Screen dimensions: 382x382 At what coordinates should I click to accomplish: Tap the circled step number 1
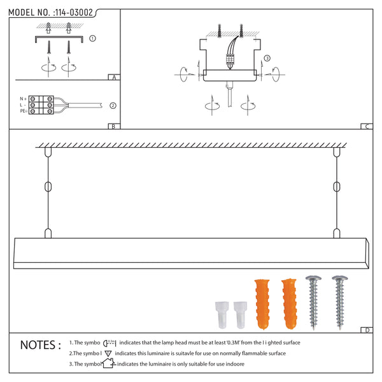pos(93,39)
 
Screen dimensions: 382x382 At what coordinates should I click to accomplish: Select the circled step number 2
pos(112,106)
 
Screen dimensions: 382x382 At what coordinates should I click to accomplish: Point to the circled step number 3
pos(267,58)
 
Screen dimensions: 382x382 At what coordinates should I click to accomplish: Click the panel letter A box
pos(113,78)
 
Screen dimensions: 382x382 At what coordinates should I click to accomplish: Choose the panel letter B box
pos(113,126)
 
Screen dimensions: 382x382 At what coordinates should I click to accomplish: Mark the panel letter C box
pos(367,126)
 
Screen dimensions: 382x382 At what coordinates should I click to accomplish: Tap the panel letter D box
pos(367,330)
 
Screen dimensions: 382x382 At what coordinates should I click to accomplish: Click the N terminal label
pos(23,99)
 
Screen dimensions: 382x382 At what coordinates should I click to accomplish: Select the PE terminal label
pos(23,111)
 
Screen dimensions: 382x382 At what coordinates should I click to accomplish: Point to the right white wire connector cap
pos(239,313)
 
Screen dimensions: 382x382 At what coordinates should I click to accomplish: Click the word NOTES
pos(41,345)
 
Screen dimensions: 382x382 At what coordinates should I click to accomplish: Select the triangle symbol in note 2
pos(108,353)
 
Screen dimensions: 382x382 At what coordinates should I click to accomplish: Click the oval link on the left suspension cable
pos(48,187)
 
